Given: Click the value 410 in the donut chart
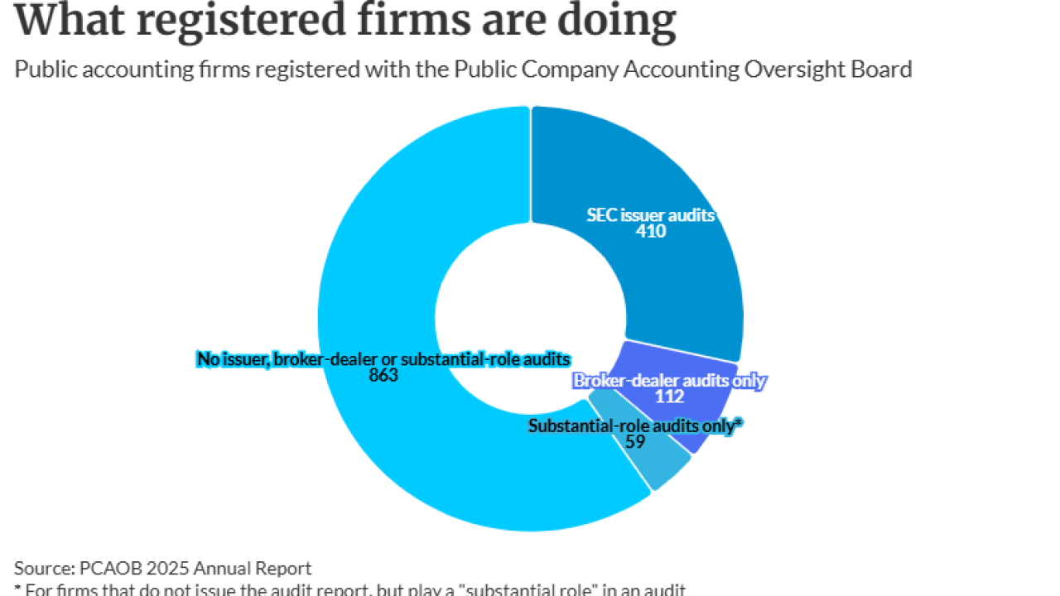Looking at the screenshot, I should pos(650,232).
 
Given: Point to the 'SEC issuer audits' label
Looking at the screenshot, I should pos(650,215).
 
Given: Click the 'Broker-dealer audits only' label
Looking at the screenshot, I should pos(669,381).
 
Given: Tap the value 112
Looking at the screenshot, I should pos(669,397).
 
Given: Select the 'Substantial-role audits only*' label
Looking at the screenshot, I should pos(635,425).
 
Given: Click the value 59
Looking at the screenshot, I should pos(635,442).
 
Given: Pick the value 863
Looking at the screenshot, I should pos(383,375).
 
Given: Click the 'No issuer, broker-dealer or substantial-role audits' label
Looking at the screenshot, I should pos(383,358).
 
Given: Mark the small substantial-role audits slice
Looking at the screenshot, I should pos(654,464).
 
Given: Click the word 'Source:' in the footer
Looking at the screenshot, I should pos(44,568).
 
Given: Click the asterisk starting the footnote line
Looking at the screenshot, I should pos(18,589).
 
